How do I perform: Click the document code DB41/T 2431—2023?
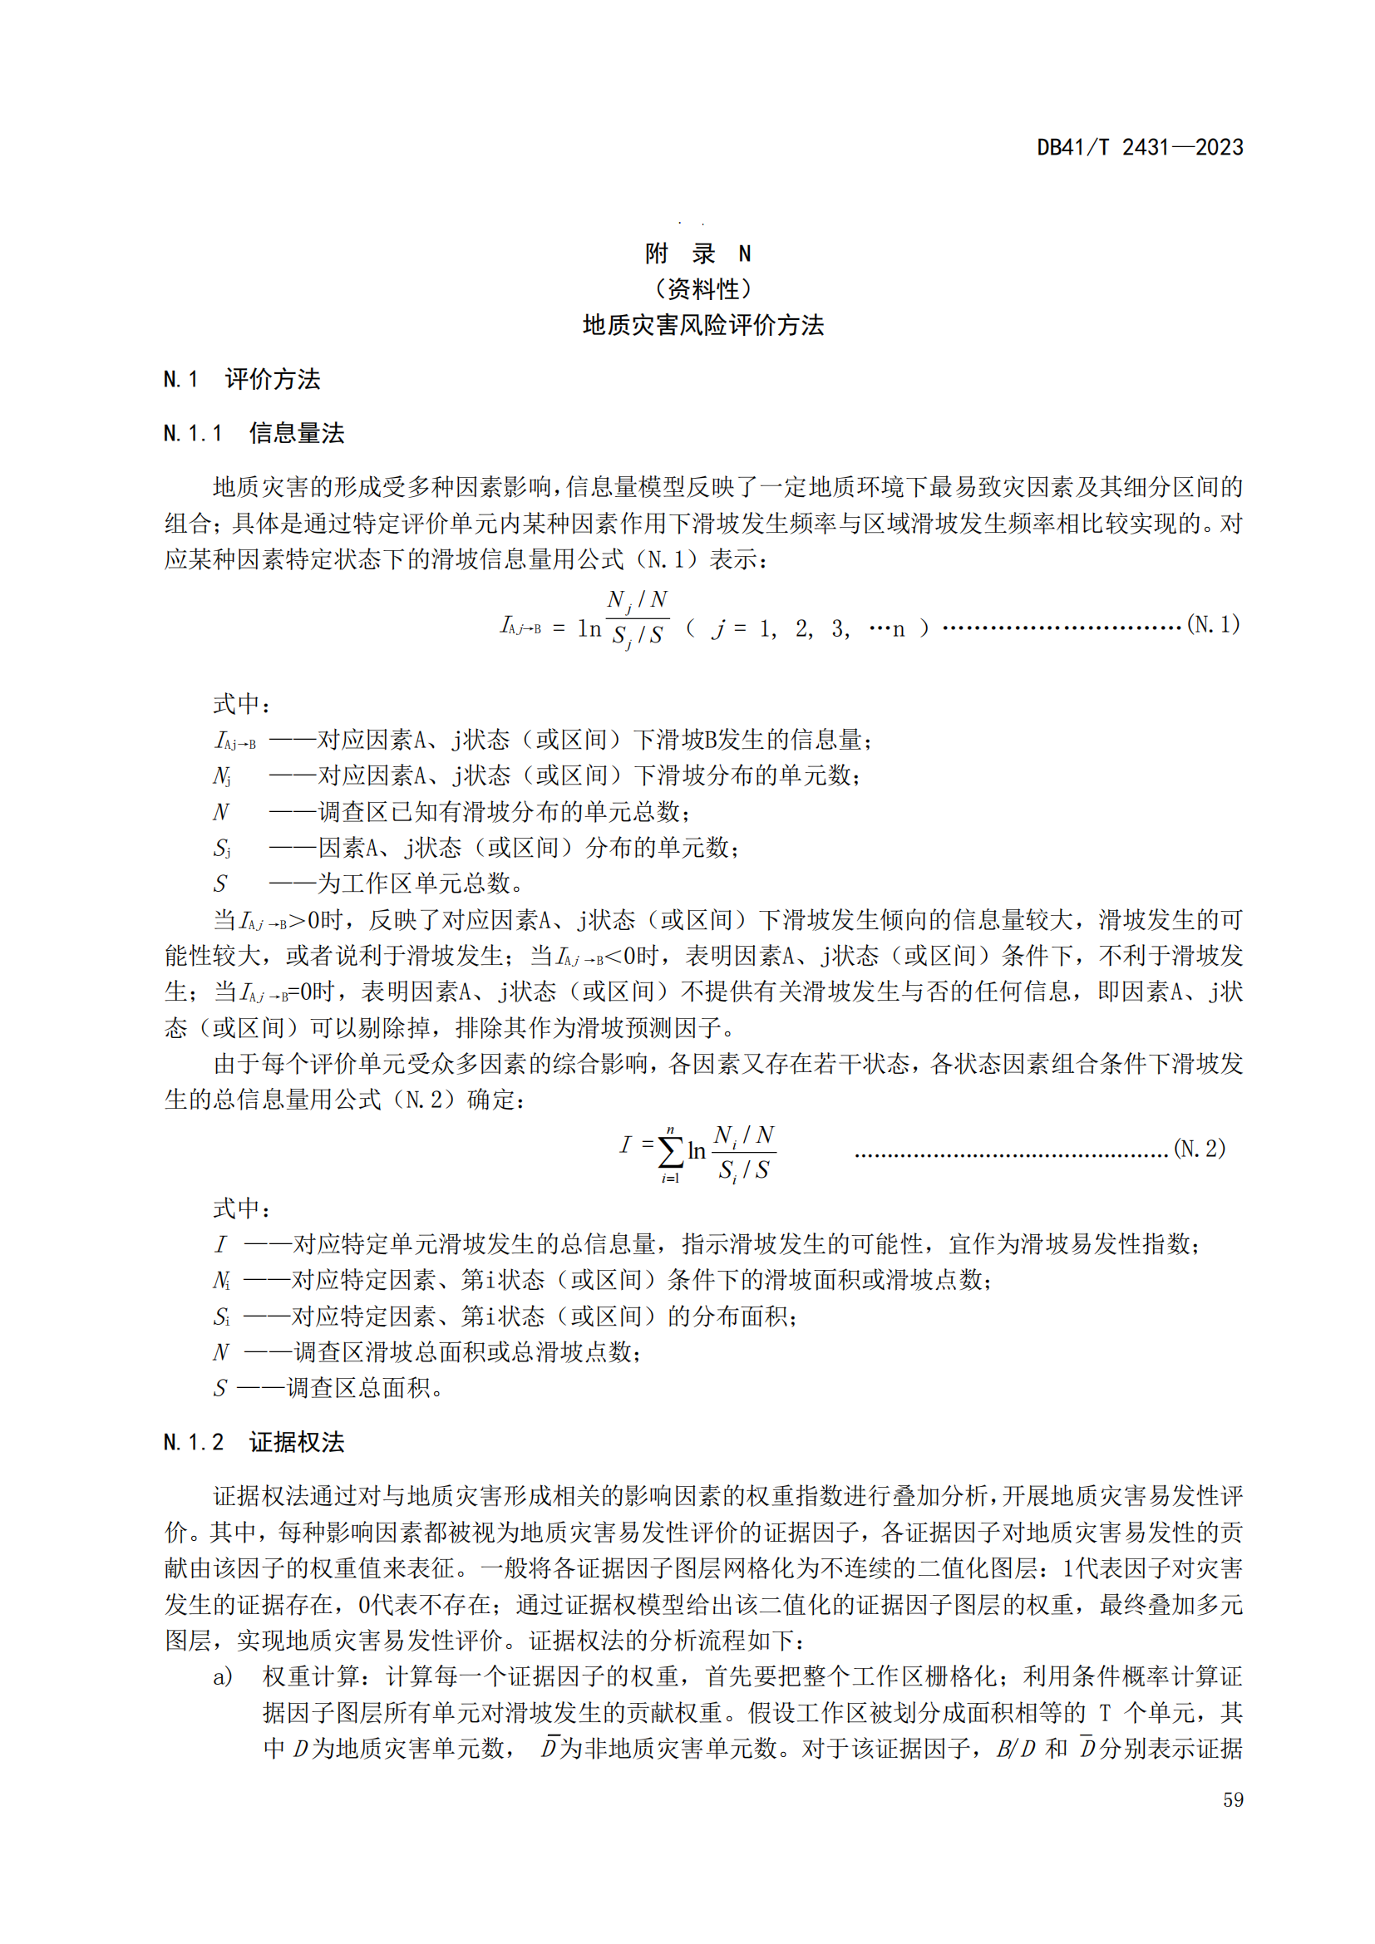pos(1140,147)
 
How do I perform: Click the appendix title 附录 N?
pos(697,253)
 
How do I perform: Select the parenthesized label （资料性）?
pos(702,289)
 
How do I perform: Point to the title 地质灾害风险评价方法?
pos(702,325)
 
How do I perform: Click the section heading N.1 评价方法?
pos(242,379)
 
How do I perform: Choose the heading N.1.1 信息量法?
pos(254,434)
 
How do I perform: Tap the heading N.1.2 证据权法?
pos(254,1442)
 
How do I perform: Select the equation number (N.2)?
pos(1199,1148)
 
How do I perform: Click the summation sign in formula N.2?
pos(671,1150)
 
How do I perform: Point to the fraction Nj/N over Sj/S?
pos(638,618)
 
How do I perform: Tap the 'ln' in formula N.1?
pos(589,628)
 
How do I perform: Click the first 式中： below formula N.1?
pos(241,704)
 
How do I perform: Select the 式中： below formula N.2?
pos(241,1208)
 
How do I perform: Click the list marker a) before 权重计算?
pos(223,1677)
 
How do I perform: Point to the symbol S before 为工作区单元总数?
pos(220,884)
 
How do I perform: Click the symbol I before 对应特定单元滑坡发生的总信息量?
pos(220,1245)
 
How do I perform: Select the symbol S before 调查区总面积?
pos(220,1389)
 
